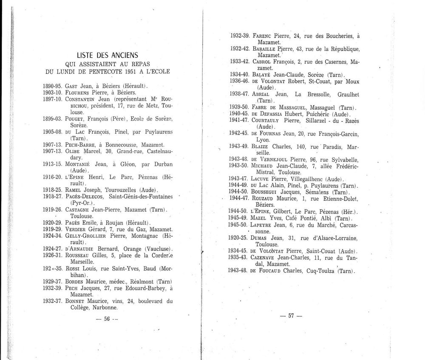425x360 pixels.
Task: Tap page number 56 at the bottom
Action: tap(107, 320)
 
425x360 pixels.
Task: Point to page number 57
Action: tap(291, 315)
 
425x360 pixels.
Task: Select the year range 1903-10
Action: tap(53, 92)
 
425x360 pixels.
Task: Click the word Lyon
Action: tap(264, 139)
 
